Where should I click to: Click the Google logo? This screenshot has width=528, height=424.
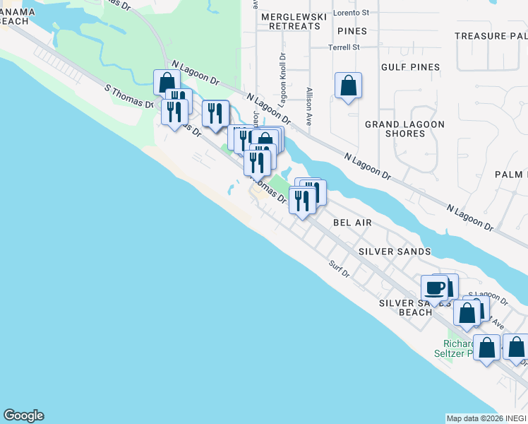pos(23,416)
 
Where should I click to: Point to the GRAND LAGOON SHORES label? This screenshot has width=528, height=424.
pos(404,129)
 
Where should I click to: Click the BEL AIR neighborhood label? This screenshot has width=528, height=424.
pos(352,222)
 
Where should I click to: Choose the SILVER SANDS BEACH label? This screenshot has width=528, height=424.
pos(405,307)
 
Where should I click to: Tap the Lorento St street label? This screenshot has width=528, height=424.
pos(352,13)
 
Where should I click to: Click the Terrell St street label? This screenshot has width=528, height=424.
pos(344,47)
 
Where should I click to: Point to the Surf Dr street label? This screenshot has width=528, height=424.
pos(339,269)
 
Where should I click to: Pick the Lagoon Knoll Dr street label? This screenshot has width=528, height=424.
pos(282,78)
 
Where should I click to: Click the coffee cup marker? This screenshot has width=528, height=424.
pos(435,288)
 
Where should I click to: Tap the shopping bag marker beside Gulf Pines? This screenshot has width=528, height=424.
pos(348,86)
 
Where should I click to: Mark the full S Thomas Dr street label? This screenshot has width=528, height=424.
pos(128,96)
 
